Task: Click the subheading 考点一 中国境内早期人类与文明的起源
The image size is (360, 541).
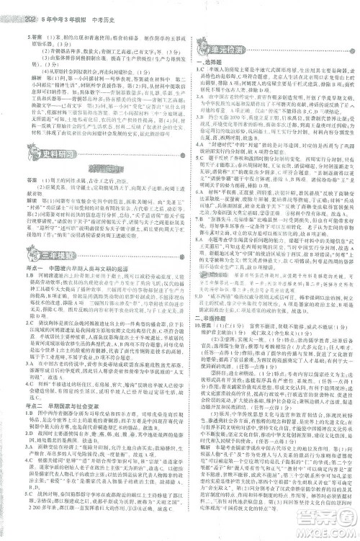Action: click(79, 267)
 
